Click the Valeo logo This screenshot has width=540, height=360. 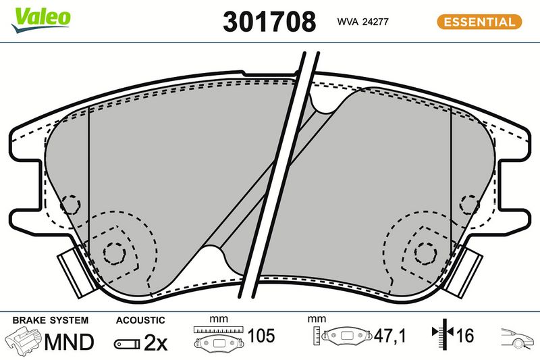point(41,20)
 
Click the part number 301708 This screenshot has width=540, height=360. point(269,22)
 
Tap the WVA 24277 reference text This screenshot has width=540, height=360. point(362,22)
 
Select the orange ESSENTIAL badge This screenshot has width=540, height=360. point(479,22)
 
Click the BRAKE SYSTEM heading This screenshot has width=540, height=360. point(51,320)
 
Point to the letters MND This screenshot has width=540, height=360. point(69,342)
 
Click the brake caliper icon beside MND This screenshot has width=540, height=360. point(24,341)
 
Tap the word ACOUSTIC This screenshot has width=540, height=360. point(140,320)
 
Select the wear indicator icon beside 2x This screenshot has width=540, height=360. point(127,344)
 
